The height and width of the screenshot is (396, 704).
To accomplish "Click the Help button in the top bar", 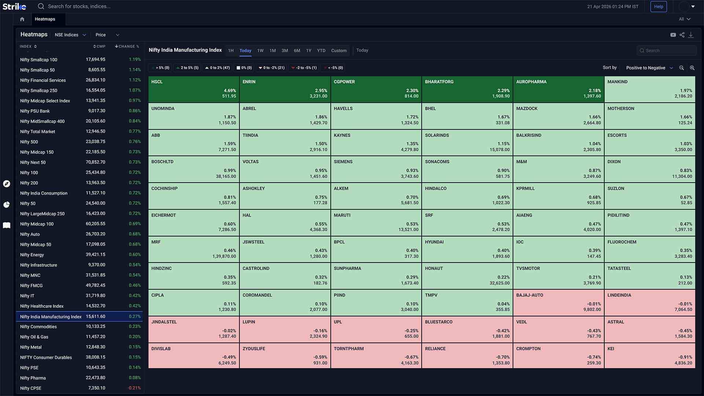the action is click(x=659, y=7).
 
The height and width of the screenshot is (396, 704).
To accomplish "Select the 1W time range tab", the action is click(x=260, y=51).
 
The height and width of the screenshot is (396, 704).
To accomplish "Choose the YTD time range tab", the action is click(x=321, y=51).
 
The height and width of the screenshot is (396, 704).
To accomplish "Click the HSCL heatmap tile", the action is click(x=194, y=89).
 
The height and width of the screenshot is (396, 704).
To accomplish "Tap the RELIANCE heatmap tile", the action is click(x=467, y=356).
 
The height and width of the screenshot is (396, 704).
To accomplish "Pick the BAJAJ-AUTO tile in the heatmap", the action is click(x=558, y=302).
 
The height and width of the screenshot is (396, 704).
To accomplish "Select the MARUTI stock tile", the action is click(x=376, y=223).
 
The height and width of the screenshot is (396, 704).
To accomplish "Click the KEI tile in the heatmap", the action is click(x=650, y=356).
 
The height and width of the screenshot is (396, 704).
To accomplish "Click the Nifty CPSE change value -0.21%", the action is click(x=134, y=388).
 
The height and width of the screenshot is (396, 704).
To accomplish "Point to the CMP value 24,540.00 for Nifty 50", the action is click(x=95, y=203).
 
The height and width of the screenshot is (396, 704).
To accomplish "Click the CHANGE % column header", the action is click(x=127, y=47).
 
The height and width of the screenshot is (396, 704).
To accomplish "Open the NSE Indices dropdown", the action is click(x=70, y=35).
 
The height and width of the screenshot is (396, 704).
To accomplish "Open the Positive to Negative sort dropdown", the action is click(x=649, y=68).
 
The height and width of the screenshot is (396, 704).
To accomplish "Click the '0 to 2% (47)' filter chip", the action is click(x=217, y=68).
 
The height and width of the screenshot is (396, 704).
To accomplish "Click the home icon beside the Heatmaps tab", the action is click(x=22, y=19).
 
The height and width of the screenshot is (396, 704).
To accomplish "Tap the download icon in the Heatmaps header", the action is click(x=691, y=35).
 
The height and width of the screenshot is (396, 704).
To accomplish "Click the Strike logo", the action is click(x=14, y=6).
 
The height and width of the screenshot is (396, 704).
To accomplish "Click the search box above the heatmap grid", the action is click(x=667, y=51).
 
